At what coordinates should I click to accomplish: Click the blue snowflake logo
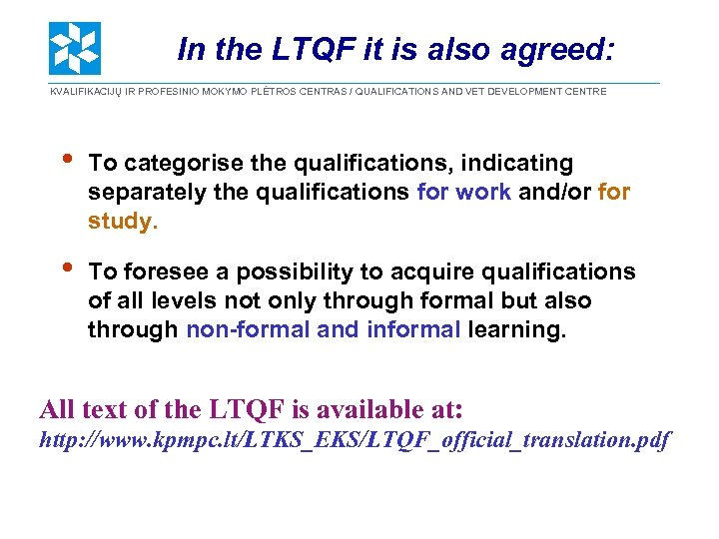tap(75, 48)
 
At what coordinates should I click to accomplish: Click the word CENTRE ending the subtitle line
tap(585, 92)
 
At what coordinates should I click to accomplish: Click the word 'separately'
tap(146, 192)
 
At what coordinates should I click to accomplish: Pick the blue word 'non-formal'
tap(248, 329)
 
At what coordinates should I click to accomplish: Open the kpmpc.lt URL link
tap(355, 439)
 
